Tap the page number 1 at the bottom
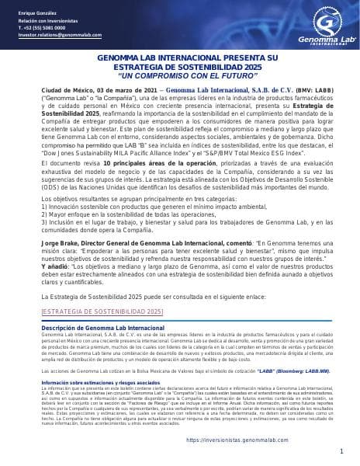coord(341,451)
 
